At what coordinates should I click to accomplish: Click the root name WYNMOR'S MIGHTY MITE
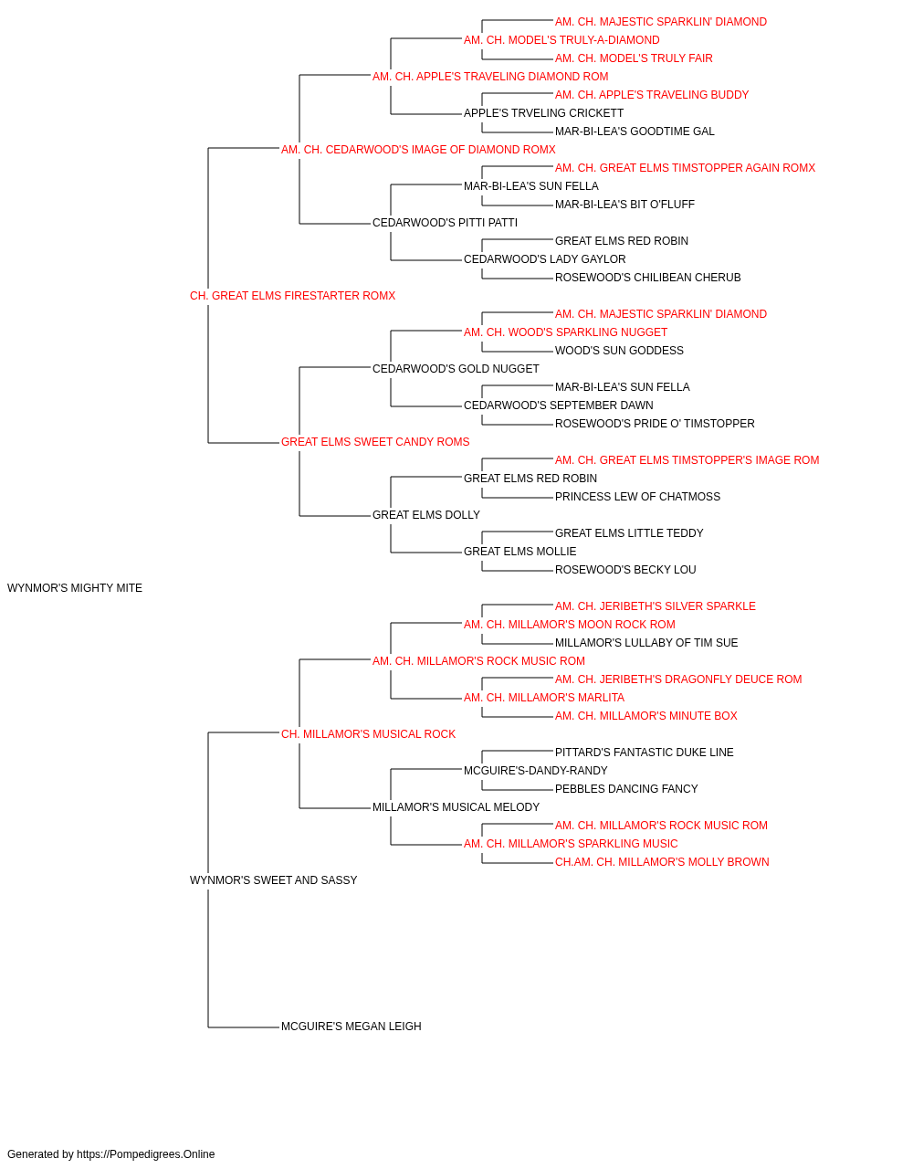[75, 588]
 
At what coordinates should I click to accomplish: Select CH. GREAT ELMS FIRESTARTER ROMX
[292, 296]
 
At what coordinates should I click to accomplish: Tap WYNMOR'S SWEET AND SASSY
[273, 880]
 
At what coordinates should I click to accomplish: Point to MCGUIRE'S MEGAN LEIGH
[352, 1027]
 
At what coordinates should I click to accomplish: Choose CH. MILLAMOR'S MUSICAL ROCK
[368, 734]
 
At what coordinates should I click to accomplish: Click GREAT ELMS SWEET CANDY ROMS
[375, 442]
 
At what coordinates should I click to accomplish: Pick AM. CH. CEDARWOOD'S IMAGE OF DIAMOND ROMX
[418, 150]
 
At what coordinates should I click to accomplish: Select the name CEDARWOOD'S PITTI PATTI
[446, 223]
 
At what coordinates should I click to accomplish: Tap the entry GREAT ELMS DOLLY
[426, 515]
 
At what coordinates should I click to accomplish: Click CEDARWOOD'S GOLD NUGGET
[456, 369]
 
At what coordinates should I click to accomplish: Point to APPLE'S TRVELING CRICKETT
[543, 113]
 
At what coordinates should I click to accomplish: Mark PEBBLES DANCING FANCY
[626, 789]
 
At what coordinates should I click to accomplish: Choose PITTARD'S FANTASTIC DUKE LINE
[645, 753]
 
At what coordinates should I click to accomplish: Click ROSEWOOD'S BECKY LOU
[625, 570]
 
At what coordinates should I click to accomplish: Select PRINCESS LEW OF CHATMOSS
[637, 497]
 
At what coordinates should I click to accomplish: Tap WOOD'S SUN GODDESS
[619, 351]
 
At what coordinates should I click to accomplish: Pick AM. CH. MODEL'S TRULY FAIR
[634, 58]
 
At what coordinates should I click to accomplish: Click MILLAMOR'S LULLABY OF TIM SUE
[646, 643]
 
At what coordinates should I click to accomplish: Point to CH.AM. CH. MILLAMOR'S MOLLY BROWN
[662, 862]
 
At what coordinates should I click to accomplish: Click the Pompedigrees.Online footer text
[110, 1154]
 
